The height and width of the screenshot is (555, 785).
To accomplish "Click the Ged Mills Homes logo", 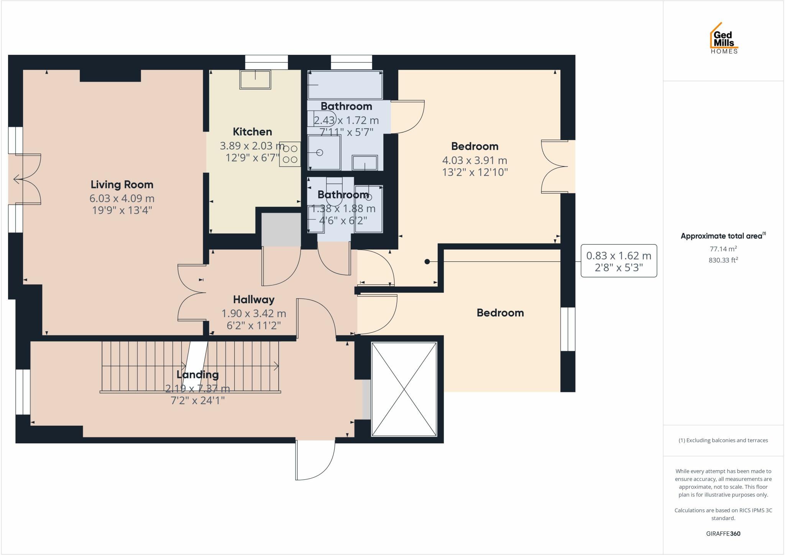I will tap(724, 39).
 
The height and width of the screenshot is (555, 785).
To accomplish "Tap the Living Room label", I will tap(122, 185).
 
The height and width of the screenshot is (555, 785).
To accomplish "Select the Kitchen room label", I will tap(252, 132).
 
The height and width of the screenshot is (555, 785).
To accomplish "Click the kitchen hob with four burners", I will tap(290, 154).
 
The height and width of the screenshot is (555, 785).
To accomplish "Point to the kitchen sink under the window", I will tap(255, 79).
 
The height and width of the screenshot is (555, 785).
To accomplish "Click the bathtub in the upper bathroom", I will tap(345, 85).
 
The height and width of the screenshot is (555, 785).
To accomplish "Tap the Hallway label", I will tap(254, 299).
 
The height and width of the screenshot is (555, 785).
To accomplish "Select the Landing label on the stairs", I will tap(197, 374).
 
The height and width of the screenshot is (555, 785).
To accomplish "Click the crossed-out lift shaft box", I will tap(404, 389).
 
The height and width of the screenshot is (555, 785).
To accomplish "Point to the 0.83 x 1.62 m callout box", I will tap(619, 261).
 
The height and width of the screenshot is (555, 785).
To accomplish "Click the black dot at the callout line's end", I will tap(427, 262).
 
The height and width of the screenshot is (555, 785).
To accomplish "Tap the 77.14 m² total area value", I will tap(723, 249).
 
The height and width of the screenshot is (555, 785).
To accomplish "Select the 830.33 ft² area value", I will tap(723, 260).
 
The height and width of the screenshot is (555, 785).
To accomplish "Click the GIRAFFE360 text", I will tap(723, 534).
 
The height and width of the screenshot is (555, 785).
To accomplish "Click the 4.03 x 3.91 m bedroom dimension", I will tap(475, 160).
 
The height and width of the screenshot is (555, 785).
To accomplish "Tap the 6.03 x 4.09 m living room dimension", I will tap(122, 198).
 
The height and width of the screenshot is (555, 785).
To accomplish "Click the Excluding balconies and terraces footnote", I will tap(723, 440).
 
